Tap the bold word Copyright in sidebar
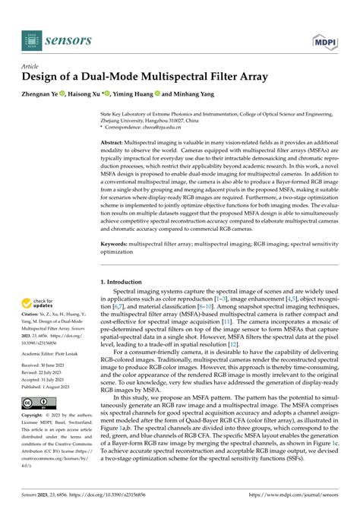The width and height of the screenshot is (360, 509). point(33,437)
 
